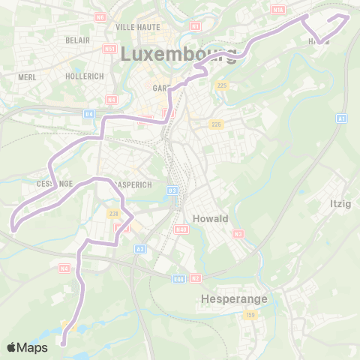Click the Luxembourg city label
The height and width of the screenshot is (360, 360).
[x=178, y=53]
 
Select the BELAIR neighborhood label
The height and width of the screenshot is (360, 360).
[x=77, y=40]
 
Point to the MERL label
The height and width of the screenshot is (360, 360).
[x=26, y=76]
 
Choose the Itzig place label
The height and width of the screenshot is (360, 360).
[x=340, y=203]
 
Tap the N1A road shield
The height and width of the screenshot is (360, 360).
[x=279, y=10]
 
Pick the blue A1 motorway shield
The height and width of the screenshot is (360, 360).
[x=342, y=118]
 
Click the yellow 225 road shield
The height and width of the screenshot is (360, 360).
[x=221, y=85]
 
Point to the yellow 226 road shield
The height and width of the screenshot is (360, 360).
[x=216, y=124]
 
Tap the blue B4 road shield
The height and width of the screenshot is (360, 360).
[x=89, y=113]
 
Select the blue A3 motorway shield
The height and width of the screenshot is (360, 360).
[x=139, y=248]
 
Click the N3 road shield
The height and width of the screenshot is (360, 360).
[x=238, y=234]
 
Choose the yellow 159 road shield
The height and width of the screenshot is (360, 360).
[x=250, y=315]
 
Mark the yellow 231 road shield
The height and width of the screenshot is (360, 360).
[x=114, y=214]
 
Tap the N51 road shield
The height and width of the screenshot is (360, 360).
[x=109, y=48]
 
